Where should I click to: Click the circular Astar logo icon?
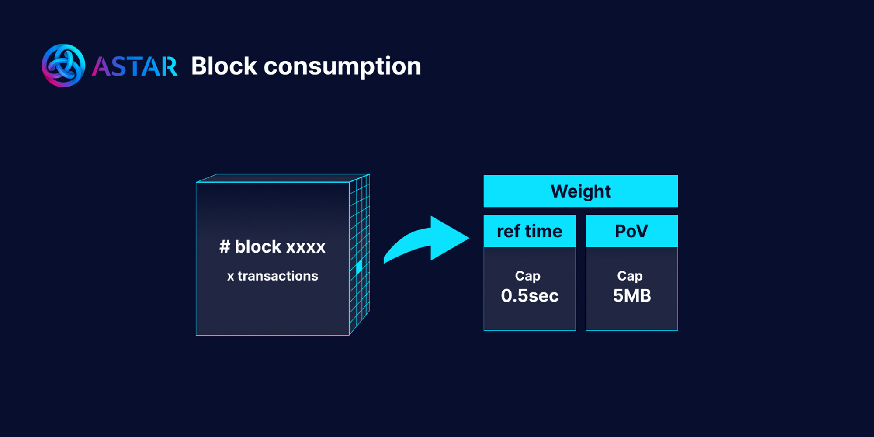(x=63, y=66)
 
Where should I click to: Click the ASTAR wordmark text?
(x=135, y=67)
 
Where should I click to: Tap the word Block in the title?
(x=224, y=66)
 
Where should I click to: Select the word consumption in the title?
(x=342, y=67)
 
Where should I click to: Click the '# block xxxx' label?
(x=272, y=246)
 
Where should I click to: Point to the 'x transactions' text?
(x=272, y=276)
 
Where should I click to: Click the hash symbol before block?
(x=225, y=246)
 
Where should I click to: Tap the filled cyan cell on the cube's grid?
(x=359, y=267)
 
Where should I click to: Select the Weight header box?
(x=580, y=191)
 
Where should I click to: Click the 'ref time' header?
(x=529, y=231)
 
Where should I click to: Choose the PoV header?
(x=631, y=231)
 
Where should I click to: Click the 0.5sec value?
(x=530, y=296)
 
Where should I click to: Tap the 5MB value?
(x=632, y=296)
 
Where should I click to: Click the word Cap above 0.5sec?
(x=527, y=276)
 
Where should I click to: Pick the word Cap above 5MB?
(x=630, y=276)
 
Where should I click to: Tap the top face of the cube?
(x=284, y=178)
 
